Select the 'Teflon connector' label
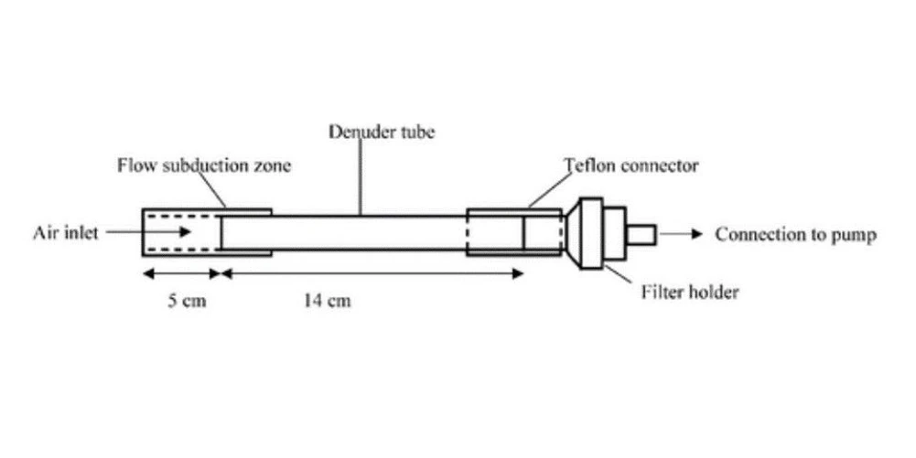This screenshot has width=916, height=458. point(631,166)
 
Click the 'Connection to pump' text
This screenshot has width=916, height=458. point(795,235)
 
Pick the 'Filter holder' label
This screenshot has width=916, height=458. point(689,293)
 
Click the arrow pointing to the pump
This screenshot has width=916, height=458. point(681,235)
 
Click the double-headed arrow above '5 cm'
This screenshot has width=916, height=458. point(181,272)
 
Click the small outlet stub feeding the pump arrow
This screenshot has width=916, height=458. point(641,235)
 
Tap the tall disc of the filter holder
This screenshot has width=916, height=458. point(591,233)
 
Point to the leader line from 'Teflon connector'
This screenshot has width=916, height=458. point(545,194)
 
